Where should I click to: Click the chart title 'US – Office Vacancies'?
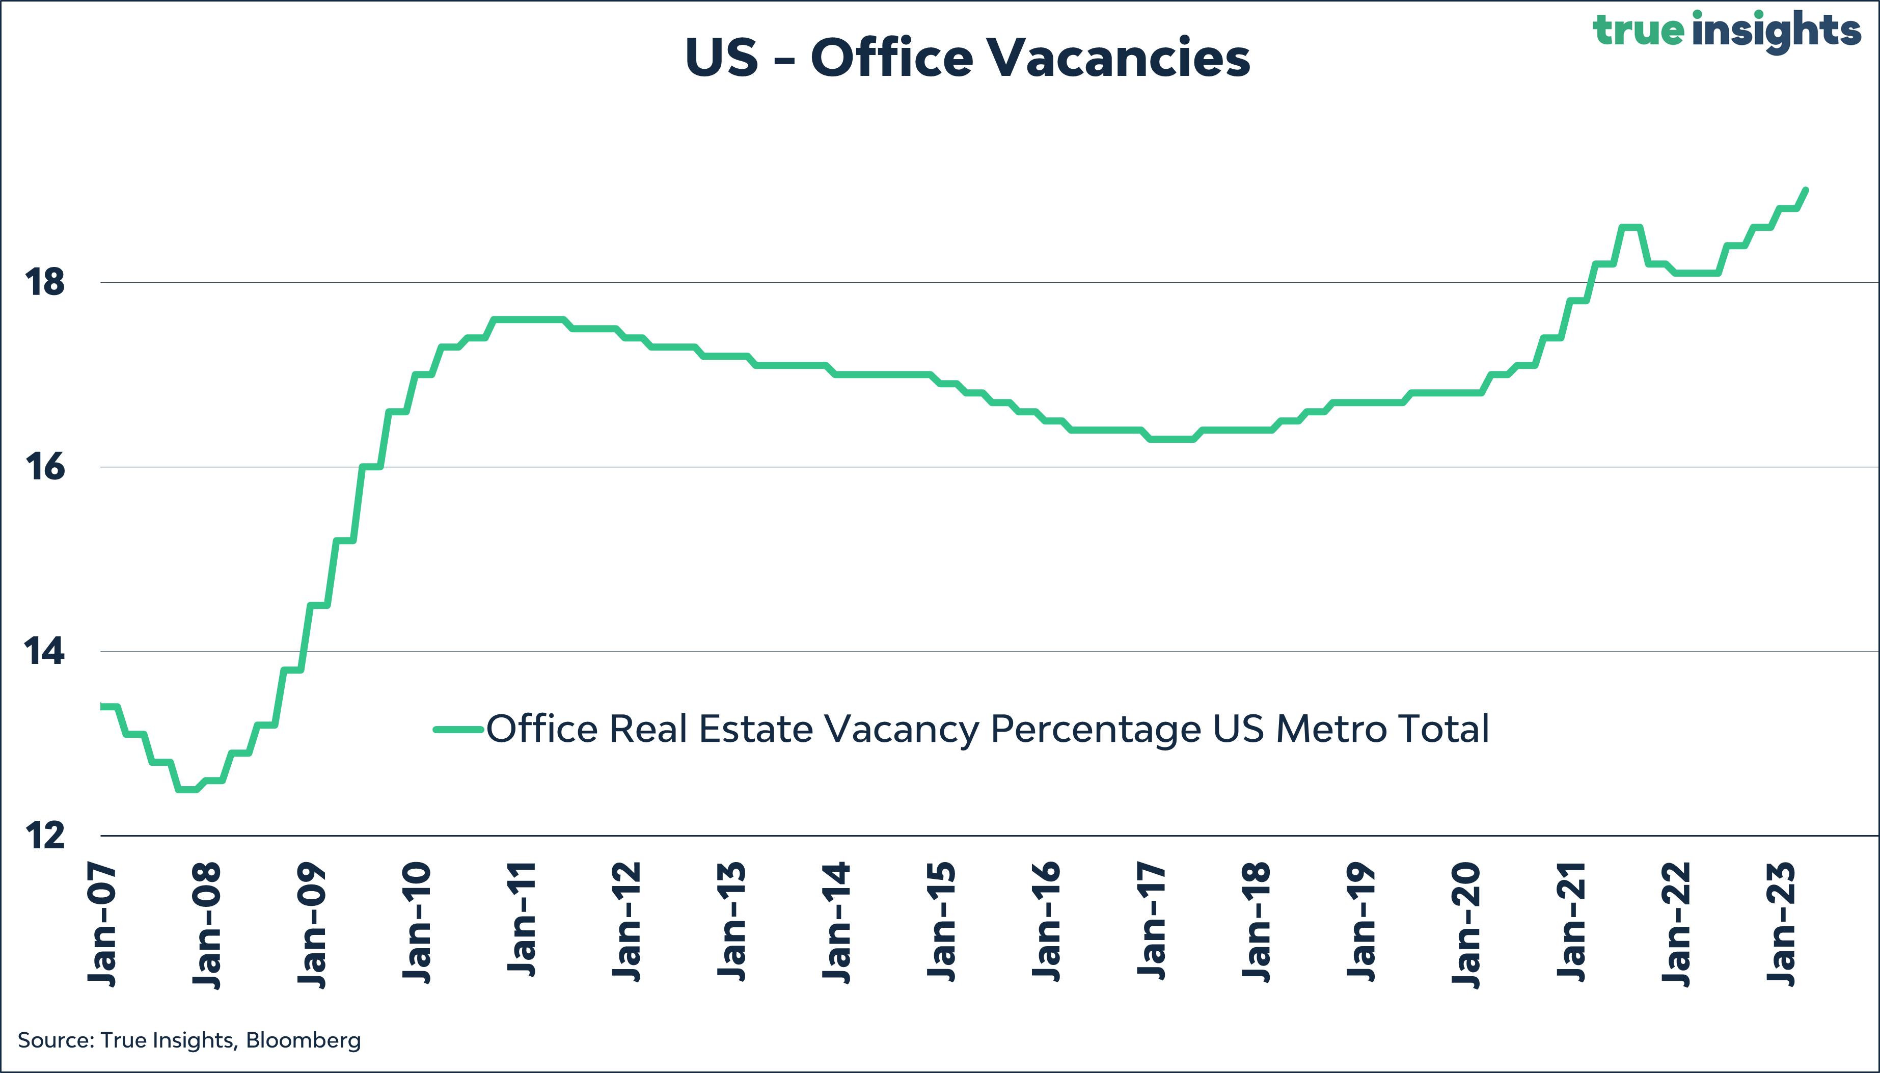click(x=967, y=58)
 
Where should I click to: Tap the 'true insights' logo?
click(x=1727, y=31)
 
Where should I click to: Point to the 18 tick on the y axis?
click(x=45, y=283)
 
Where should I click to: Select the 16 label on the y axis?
click(x=45, y=467)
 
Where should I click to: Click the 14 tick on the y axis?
click(x=45, y=652)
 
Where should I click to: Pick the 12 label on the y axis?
click(x=45, y=836)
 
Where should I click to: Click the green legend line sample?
click(x=458, y=730)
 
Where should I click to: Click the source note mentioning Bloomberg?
click(x=189, y=1040)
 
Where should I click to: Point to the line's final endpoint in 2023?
click(x=1806, y=190)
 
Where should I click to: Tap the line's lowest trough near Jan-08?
click(x=187, y=789)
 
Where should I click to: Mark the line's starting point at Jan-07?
click(x=102, y=707)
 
